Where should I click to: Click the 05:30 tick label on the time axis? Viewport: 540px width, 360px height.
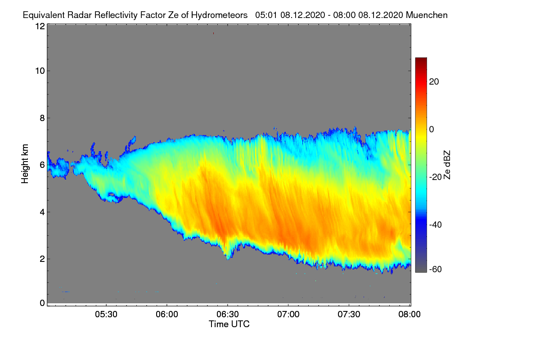(106, 314)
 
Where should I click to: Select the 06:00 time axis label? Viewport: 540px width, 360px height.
(166, 314)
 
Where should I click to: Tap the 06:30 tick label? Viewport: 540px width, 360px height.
(228, 314)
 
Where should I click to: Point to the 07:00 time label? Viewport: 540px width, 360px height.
(288, 314)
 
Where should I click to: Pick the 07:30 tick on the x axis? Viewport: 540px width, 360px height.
(349, 314)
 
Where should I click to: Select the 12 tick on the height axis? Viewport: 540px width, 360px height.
(40, 26)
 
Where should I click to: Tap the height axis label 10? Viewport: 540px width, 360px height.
(40, 71)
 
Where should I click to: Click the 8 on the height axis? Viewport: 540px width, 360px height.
(42, 118)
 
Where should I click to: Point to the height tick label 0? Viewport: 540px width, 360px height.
(42, 303)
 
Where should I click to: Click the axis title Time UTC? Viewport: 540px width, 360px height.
(229, 324)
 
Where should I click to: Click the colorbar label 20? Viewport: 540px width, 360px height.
(434, 81)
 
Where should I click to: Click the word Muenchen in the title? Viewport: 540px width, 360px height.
(427, 15)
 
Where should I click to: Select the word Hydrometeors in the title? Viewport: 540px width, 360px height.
(219, 15)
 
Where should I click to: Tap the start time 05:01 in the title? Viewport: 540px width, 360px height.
(266, 15)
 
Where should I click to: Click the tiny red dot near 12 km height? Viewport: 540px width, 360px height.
(214, 33)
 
